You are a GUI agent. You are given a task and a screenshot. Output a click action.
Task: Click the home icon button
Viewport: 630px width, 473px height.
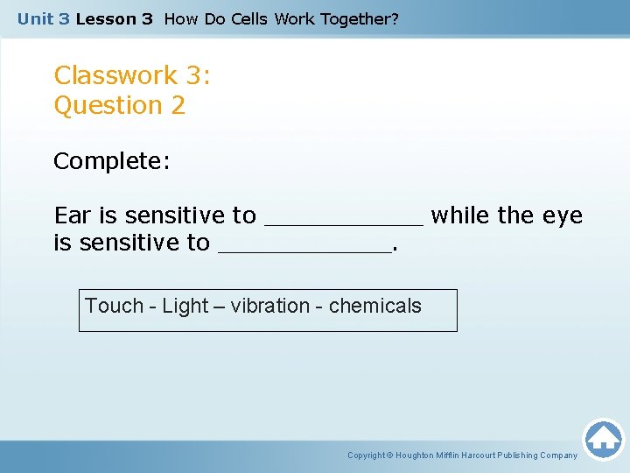[603, 439]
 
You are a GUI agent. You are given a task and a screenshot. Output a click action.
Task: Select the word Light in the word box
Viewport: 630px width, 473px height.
[185, 307]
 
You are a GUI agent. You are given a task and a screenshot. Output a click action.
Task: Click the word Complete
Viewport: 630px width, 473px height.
[111, 162]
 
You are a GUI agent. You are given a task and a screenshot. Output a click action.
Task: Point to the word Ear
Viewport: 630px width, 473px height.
[72, 215]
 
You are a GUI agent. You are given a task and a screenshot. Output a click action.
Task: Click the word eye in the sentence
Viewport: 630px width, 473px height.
[564, 215]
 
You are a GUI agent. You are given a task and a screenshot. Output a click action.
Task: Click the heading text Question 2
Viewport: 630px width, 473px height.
[120, 106]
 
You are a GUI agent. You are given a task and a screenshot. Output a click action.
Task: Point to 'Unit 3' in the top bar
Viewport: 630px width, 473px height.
[43, 18]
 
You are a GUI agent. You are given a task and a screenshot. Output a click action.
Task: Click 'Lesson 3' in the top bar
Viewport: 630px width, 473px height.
[114, 18]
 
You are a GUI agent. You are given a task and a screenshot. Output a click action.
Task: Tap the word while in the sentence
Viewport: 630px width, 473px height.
[461, 215]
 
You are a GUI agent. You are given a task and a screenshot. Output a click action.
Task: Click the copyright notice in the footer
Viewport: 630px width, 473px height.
[462, 455]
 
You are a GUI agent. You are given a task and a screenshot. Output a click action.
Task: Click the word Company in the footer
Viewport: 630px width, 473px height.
[557, 455]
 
